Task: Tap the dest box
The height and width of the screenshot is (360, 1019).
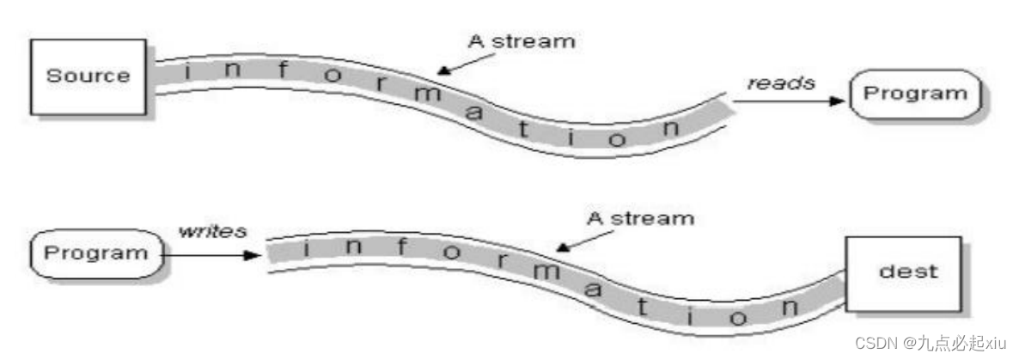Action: point(906,272)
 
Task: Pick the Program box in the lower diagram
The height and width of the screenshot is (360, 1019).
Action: point(95,253)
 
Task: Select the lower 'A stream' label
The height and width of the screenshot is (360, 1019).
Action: point(640,217)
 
